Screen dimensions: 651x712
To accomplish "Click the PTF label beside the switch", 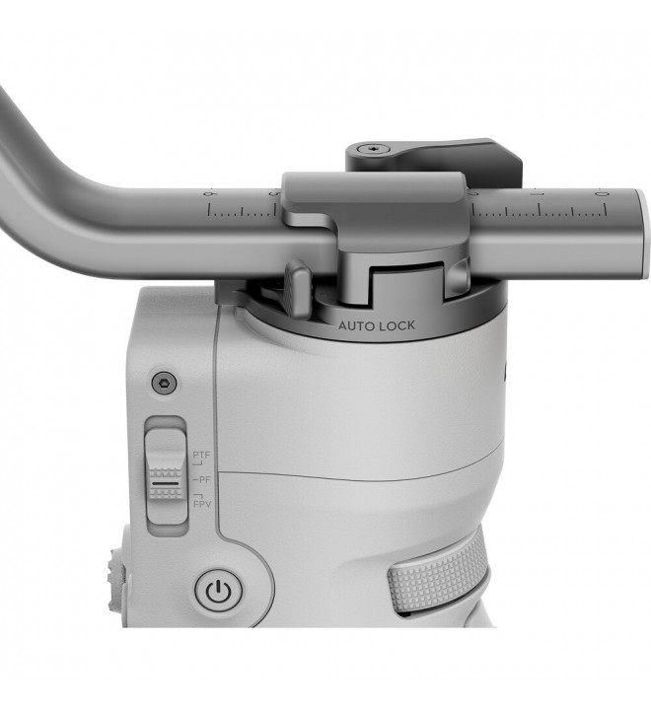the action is (x=201, y=455).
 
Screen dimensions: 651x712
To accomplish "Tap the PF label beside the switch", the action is (x=203, y=479).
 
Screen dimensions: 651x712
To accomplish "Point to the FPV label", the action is (x=202, y=504).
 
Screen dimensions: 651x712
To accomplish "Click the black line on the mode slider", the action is (x=166, y=484).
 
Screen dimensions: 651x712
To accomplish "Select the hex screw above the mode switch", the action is (x=164, y=385).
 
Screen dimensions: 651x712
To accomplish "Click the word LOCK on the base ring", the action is (x=398, y=325).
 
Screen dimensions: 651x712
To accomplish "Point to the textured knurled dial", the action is (x=438, y=572).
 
